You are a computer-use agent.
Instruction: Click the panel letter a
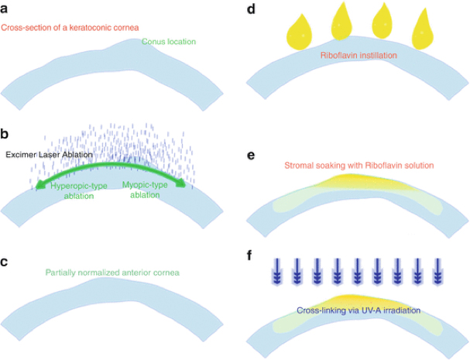pos(4,9)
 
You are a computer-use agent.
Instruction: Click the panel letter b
pos(4,134)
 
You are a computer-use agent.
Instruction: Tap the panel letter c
pos(4,262)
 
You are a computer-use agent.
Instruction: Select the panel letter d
pos(251,9)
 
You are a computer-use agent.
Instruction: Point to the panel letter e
pos(251,156)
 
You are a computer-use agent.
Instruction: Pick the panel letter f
pos(249,255)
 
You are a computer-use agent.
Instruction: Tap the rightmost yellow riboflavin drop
pos(423,29)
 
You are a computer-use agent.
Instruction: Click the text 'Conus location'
pos(169,41)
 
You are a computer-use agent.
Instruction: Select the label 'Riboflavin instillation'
pos(359,55)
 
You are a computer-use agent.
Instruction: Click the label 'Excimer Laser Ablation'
pos(49,155)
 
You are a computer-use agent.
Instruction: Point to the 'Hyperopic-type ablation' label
pos(78,190)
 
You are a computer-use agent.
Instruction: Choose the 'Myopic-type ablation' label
pos(145,190)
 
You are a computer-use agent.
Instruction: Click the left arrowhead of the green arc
pos(39,186)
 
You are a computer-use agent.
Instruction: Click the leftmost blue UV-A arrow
pos(277,271)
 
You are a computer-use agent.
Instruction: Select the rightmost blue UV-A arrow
pos(437,271)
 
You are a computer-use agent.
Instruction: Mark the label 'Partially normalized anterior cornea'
pos(112,273)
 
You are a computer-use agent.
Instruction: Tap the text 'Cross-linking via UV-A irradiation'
pos(359,310)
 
